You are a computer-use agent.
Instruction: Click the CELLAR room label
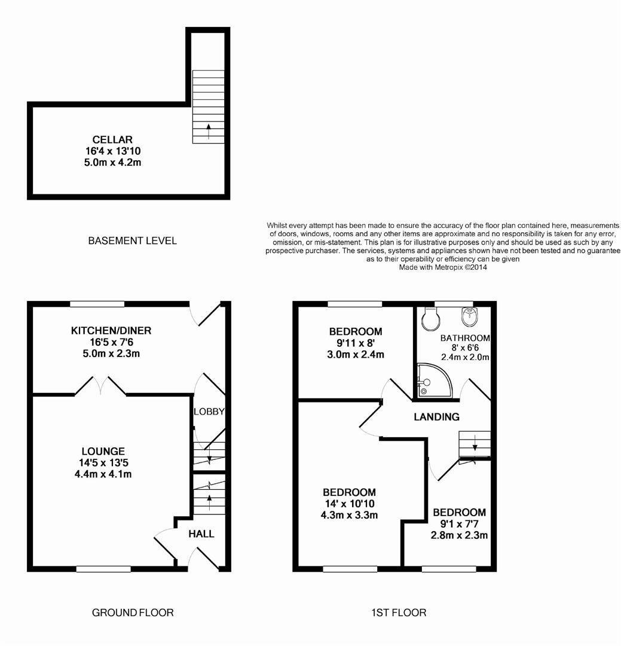click(x=112, y=140)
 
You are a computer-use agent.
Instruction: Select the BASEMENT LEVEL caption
click(x=132, y=241)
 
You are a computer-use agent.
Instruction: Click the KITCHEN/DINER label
click(x=111, y=331)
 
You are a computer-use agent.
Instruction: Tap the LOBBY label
click(x=209, y=412)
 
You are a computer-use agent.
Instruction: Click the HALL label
click(x=201, y=534)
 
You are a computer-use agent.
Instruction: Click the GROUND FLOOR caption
click(x=133, y=613)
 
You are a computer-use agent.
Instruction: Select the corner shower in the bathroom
click(x=430, y=382)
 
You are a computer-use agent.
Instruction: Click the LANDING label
click(x=437, y=417)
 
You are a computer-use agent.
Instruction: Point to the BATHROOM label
click(x=465, y=338)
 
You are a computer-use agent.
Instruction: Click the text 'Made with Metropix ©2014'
click(x=443, y=267)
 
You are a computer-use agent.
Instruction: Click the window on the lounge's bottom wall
click(x=103, y=569)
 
